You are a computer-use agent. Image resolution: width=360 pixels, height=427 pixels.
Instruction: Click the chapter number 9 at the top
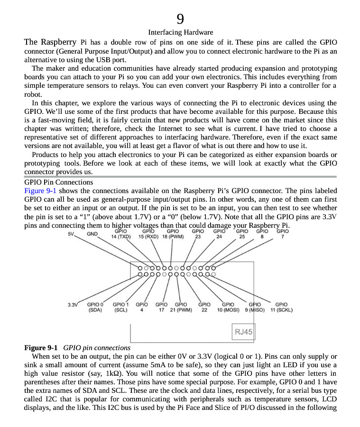point(180,19)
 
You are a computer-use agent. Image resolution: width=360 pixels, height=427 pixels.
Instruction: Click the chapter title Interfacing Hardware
point(180,32)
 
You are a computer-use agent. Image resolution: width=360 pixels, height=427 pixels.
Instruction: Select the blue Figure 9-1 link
point(40,191)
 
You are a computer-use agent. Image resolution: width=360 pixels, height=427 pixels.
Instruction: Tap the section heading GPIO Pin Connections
point(58,182)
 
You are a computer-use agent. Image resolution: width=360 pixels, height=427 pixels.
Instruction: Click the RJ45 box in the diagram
point(243,332)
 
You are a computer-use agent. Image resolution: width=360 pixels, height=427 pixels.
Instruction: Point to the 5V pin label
point(72,233)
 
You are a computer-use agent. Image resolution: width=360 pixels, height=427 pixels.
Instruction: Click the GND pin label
point(92,234)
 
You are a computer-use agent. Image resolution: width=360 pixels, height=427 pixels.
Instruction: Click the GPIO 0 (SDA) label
point(95,307)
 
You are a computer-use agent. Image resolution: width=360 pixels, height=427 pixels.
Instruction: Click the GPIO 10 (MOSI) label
point(228,307)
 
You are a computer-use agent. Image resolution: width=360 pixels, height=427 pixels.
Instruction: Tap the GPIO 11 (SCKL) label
point(281,307)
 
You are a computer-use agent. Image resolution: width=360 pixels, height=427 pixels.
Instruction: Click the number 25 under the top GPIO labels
point(242,236)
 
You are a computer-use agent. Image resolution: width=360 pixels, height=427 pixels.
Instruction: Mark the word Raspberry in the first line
point(59,42)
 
